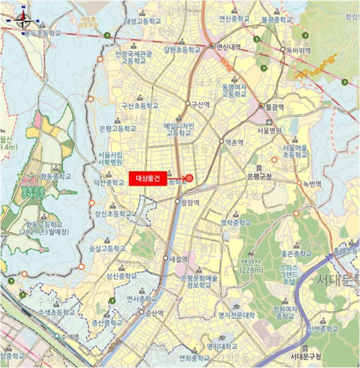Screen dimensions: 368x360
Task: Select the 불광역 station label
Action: [274, 106]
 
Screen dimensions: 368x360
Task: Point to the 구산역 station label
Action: [200, 104]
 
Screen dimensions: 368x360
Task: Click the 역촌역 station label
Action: [234, 142]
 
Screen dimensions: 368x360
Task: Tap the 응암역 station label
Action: [191, 201]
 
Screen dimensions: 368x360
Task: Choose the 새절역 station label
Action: [179, 259]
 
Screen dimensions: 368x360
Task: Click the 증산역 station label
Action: [155, 312]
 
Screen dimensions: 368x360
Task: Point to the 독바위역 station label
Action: [298, 50]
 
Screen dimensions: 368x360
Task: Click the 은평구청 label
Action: [259, 176]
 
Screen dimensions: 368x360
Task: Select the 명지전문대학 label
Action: [236, 315]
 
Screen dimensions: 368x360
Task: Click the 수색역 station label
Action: [69, 336]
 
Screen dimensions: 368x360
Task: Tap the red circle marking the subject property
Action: [189, 178]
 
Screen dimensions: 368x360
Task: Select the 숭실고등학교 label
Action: [107, 248]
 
